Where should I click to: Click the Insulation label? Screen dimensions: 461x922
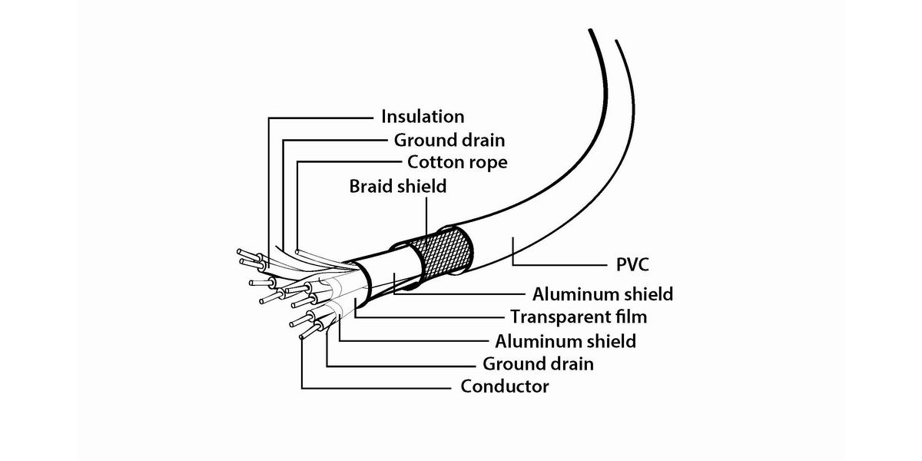click(423, 117)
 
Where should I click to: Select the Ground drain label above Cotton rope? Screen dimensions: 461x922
click(449, 140)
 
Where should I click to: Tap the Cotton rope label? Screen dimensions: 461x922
click(457, 163)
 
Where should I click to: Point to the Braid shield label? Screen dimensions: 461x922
click(397, 186)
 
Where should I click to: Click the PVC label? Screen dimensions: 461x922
click(632, 265)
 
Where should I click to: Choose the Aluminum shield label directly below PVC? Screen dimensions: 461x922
click(602, 294)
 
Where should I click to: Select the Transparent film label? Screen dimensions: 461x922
click(579, 317)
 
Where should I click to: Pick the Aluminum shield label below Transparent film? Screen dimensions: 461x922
click(565, 340)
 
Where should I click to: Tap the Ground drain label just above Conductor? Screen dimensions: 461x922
click(538, 363)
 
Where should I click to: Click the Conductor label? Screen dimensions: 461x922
click(504, 386)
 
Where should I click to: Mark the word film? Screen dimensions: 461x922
click(631, 317)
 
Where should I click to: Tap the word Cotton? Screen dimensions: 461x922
click(434, 163)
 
